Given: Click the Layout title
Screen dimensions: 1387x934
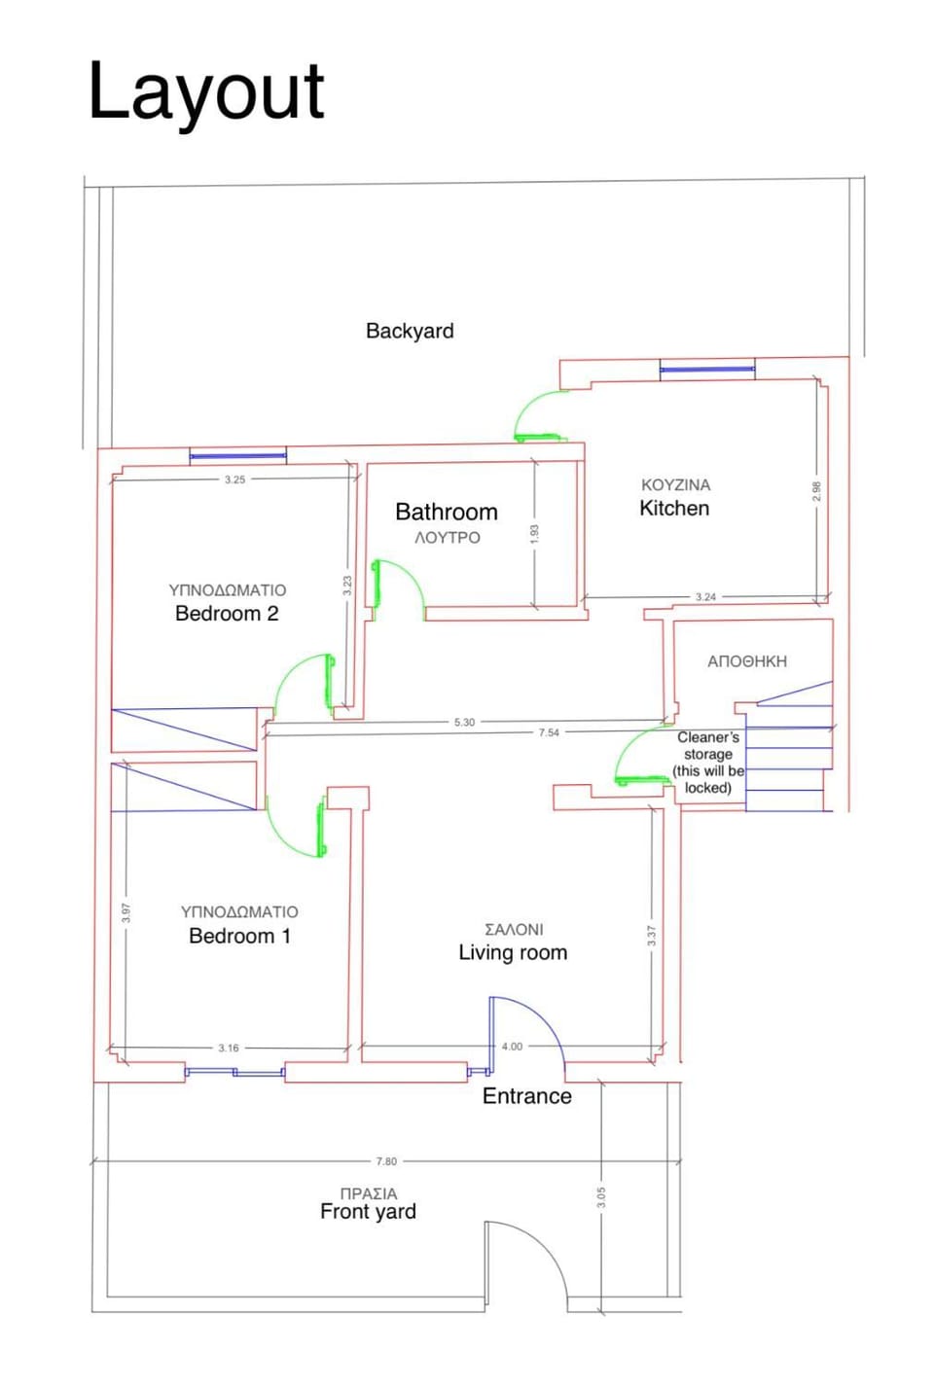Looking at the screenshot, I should click(x=206, y=91).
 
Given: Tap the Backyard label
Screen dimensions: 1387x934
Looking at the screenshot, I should click(x=410, y=331).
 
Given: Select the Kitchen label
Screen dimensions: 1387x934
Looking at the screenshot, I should click(x=674, y=508).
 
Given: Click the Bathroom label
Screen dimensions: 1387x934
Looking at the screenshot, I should click(x=446, y=512).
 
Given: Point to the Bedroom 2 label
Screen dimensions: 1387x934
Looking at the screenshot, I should click(x=227, y=613).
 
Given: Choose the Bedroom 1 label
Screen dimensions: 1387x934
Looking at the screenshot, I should click(x=239, y=936).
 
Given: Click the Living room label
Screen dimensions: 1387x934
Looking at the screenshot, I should click(x=513, y=952).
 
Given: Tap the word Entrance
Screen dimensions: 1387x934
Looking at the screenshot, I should click(x=526, y=1096).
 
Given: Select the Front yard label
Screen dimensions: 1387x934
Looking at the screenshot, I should click(x=368, y=1211).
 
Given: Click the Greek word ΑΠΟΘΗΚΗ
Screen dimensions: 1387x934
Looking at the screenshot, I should click(x=746, y=661).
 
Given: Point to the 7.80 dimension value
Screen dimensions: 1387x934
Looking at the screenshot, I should click(x=386, y=1161).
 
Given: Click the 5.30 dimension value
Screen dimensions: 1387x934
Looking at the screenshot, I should click(x=464, y=723).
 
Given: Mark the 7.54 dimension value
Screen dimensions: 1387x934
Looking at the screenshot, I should click(x=549, y=732).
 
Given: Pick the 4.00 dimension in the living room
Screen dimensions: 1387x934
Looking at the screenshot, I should click(x=512, y=1047).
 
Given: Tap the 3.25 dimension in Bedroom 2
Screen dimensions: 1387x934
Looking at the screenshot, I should click(x=234, y=480).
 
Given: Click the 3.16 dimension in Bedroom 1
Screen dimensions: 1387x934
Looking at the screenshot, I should click(x=228, y=1049).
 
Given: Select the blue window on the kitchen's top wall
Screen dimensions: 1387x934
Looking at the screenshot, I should click(x=707, y=369).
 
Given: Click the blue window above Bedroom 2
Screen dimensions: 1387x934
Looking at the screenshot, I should click(x=237, y=454).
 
